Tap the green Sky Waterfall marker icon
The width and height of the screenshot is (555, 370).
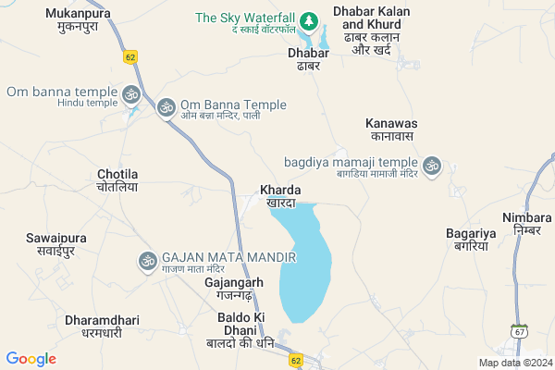point(309,20)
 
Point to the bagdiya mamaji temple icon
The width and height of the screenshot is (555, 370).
point(431,166)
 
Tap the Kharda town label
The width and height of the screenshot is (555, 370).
point(280,195)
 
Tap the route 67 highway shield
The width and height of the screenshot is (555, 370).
point(521,330)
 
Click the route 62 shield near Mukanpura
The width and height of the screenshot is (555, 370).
point(129,56)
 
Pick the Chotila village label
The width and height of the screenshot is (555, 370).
point(117,180)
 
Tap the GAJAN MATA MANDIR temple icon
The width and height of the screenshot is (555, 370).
point(146,262)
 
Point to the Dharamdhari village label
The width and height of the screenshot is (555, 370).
point(102,326)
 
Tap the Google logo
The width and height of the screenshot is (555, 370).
point(31,358)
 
